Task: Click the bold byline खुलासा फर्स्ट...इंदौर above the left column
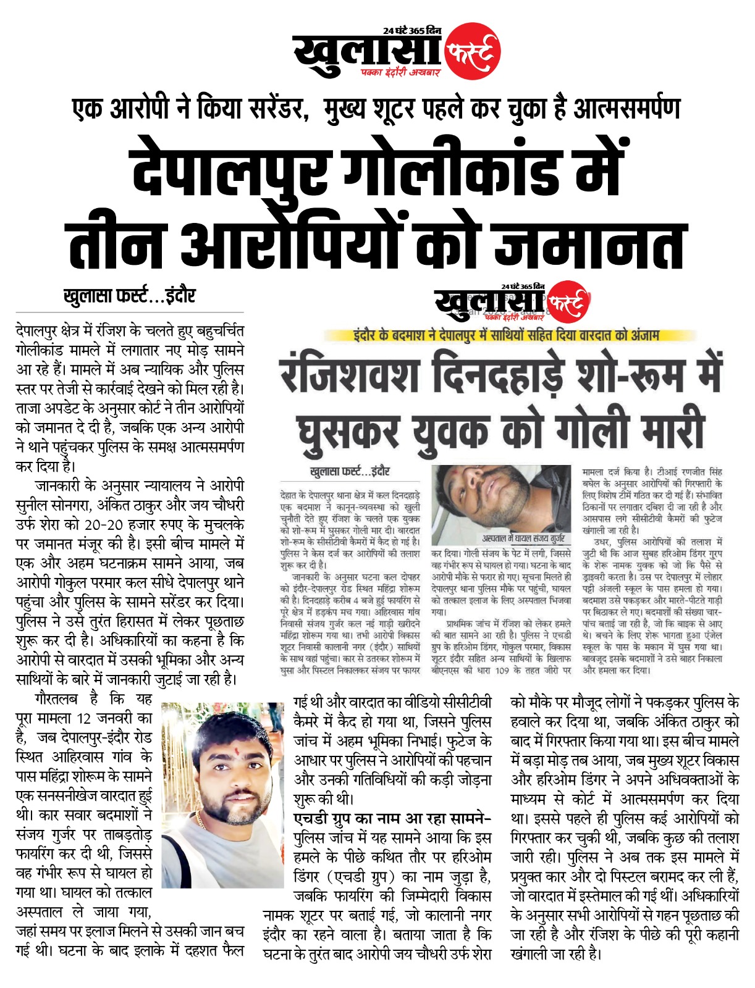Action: [x=129, y=296]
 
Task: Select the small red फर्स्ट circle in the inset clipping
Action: [x=567, y=301]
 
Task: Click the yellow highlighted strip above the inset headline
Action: [x=505, y=335]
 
